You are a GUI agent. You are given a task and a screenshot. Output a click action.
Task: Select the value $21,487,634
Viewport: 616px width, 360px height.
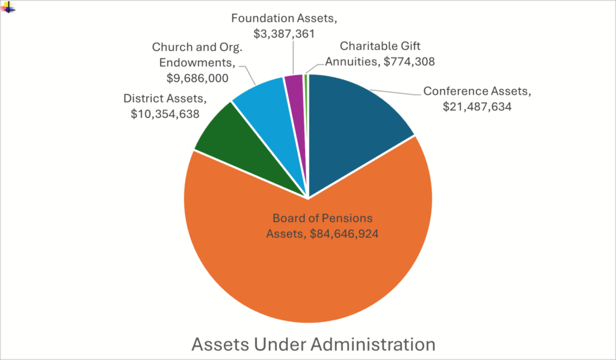click(x=477, y=107)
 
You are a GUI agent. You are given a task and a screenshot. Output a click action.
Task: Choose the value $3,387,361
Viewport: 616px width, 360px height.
click(x=285, y=33)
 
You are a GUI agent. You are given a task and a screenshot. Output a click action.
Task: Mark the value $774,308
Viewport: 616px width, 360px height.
click(x=404, y=61)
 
